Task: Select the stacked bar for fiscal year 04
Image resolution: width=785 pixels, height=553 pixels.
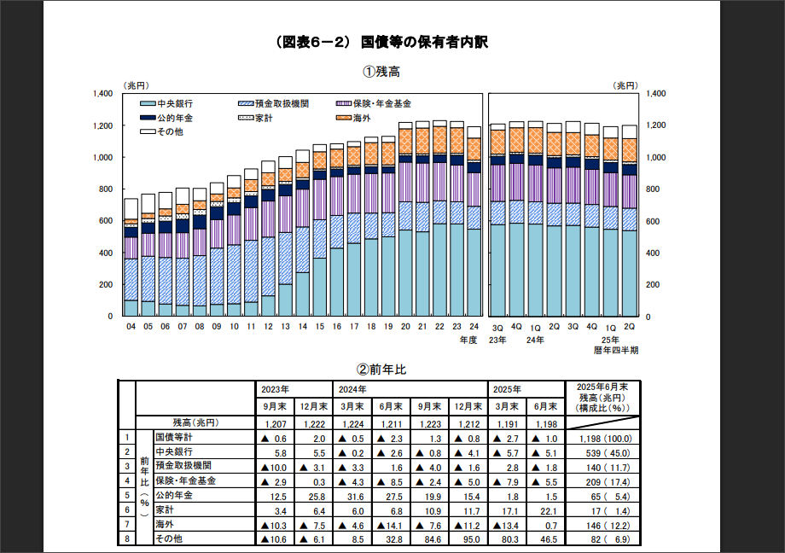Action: click(x=131, y=257)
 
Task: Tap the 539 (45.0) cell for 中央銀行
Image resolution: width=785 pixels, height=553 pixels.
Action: click(x=604, y=451)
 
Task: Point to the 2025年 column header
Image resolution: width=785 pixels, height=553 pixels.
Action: click(x=509, y=388)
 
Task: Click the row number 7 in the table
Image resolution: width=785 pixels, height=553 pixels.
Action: click(x=125, y=525)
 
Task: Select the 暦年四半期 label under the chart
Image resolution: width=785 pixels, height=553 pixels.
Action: click(x=616, y=350)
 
